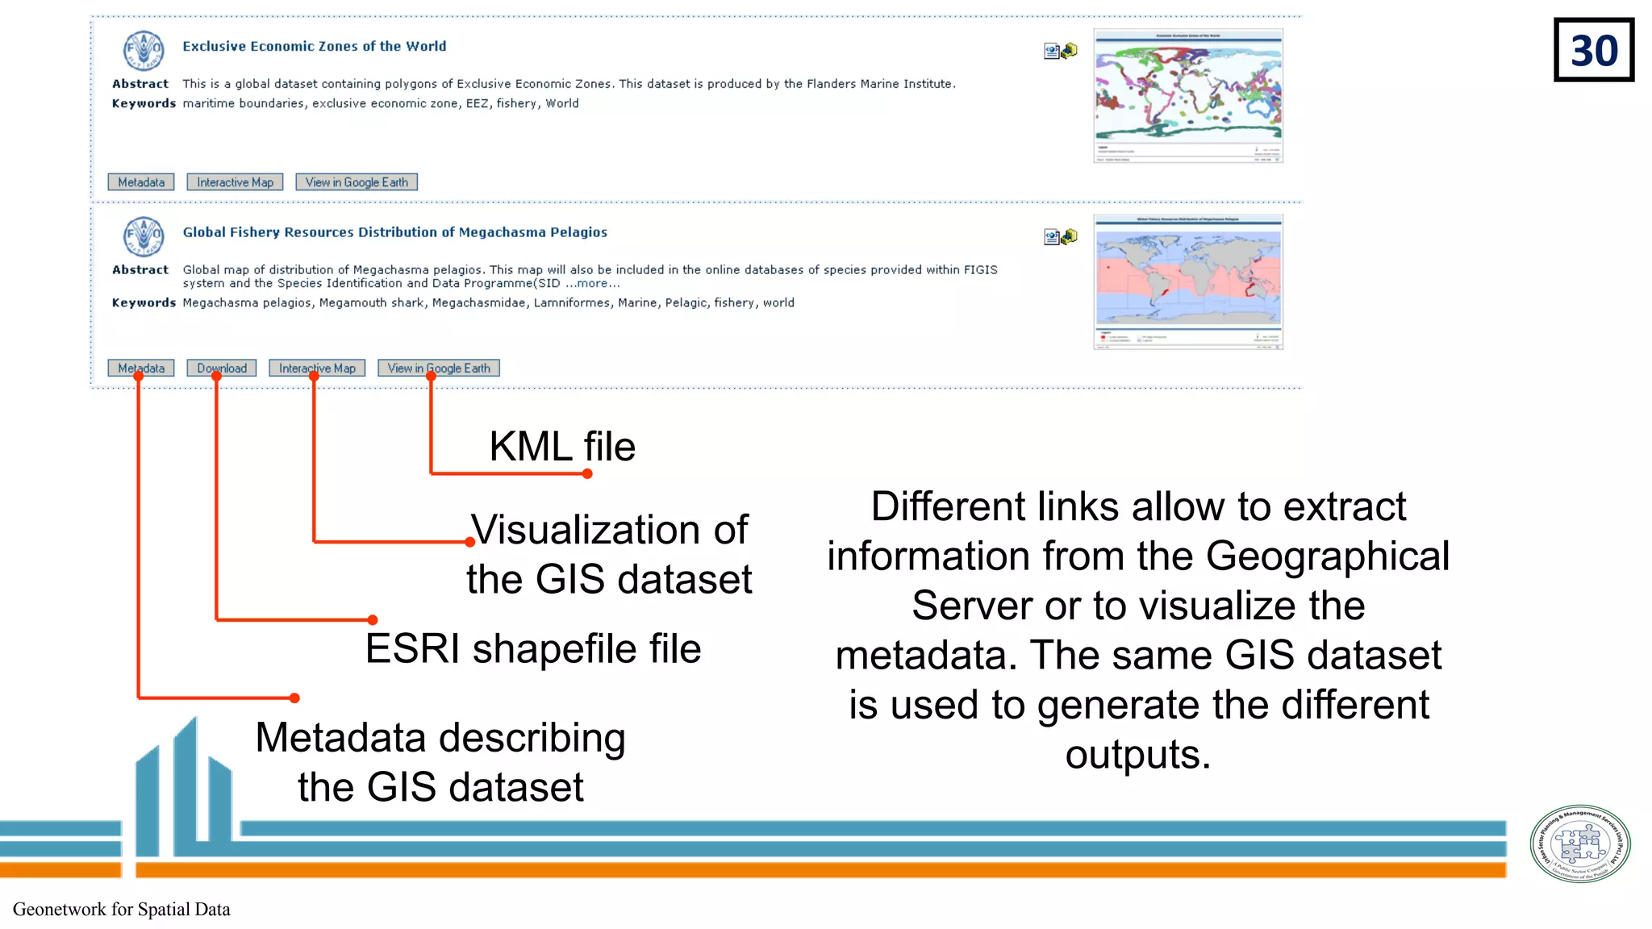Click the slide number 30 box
coord(1593,50)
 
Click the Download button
coord(222,369)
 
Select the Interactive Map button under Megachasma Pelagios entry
coord(317,369)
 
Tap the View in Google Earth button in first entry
coord(357,182)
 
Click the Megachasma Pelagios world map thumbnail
coord(1188,281)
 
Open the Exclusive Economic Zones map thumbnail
coord(1188,95)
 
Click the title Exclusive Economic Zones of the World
coord(314,47)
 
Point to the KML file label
coord(562,447)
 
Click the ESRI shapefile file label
coord(533,649)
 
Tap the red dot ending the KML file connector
coord(587,474)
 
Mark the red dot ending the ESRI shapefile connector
coord(373,620)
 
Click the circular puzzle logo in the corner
coord(1580,844)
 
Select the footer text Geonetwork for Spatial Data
coord(122,910)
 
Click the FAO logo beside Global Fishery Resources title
coord(144,236)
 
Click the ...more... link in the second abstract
coord(593,284)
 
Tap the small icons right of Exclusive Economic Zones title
coord(1061,52)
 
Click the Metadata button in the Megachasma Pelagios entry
coord(141,369)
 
